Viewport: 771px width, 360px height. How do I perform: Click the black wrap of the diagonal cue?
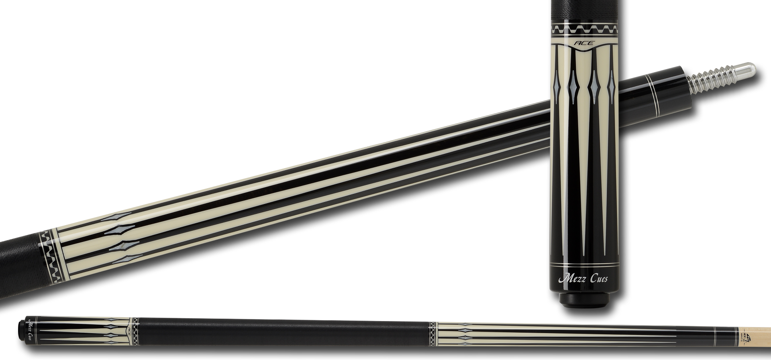pos(20,265)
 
